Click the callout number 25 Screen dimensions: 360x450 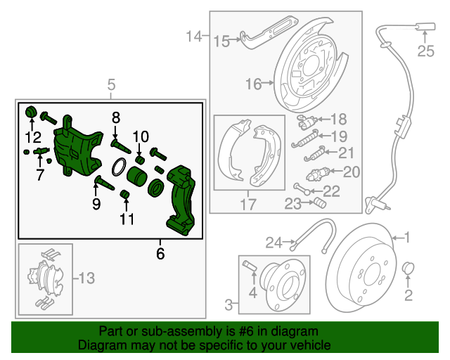(426, 50)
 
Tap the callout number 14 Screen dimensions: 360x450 (194, 35)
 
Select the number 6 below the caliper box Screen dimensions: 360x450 (160, 253)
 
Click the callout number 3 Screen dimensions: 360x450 (228, 304)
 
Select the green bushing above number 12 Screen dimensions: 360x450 (31, 112)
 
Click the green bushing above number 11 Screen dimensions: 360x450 (127, 194)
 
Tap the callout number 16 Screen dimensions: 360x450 (253, 84)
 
